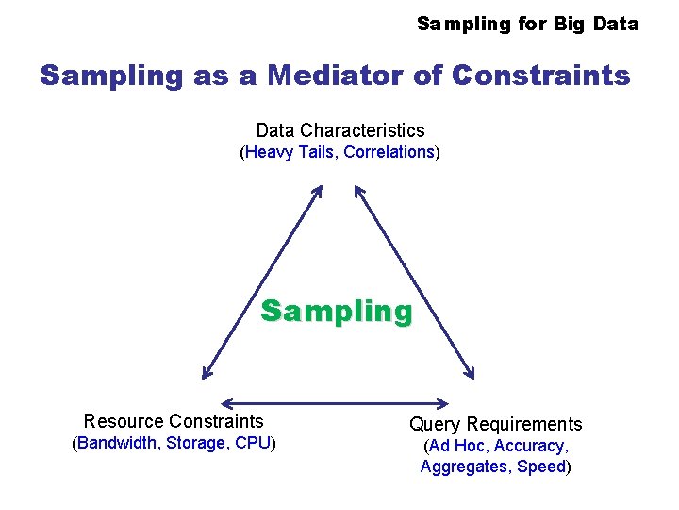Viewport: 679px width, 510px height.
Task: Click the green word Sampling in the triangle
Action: pyautogui.click(x=336, y=312)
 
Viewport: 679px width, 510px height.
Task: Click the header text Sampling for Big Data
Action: pyautogui.click(x=527, y=24)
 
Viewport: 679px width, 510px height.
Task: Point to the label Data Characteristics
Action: pyautogui.click(x=340, y=130)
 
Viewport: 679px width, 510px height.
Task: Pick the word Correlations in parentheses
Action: pyautogui.click(x=389, y=152)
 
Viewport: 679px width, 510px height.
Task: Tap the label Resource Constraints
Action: pyautogui.click(x=174, y=421)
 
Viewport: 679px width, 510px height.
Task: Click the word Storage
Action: pyautogui.click(x=196, y=443)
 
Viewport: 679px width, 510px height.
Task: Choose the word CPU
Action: pyautogui.click(x=252, y=443)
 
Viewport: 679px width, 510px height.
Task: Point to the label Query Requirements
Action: pyautogui.click(x=495, y=424)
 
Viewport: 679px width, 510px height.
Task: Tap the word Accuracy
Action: pyautogui.click(x=530, y=446)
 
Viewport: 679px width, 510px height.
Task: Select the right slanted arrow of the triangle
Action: pyautogui.click(x=413, y=281)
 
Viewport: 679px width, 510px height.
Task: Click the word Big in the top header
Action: pyautogui.click(x=569, y=24)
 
